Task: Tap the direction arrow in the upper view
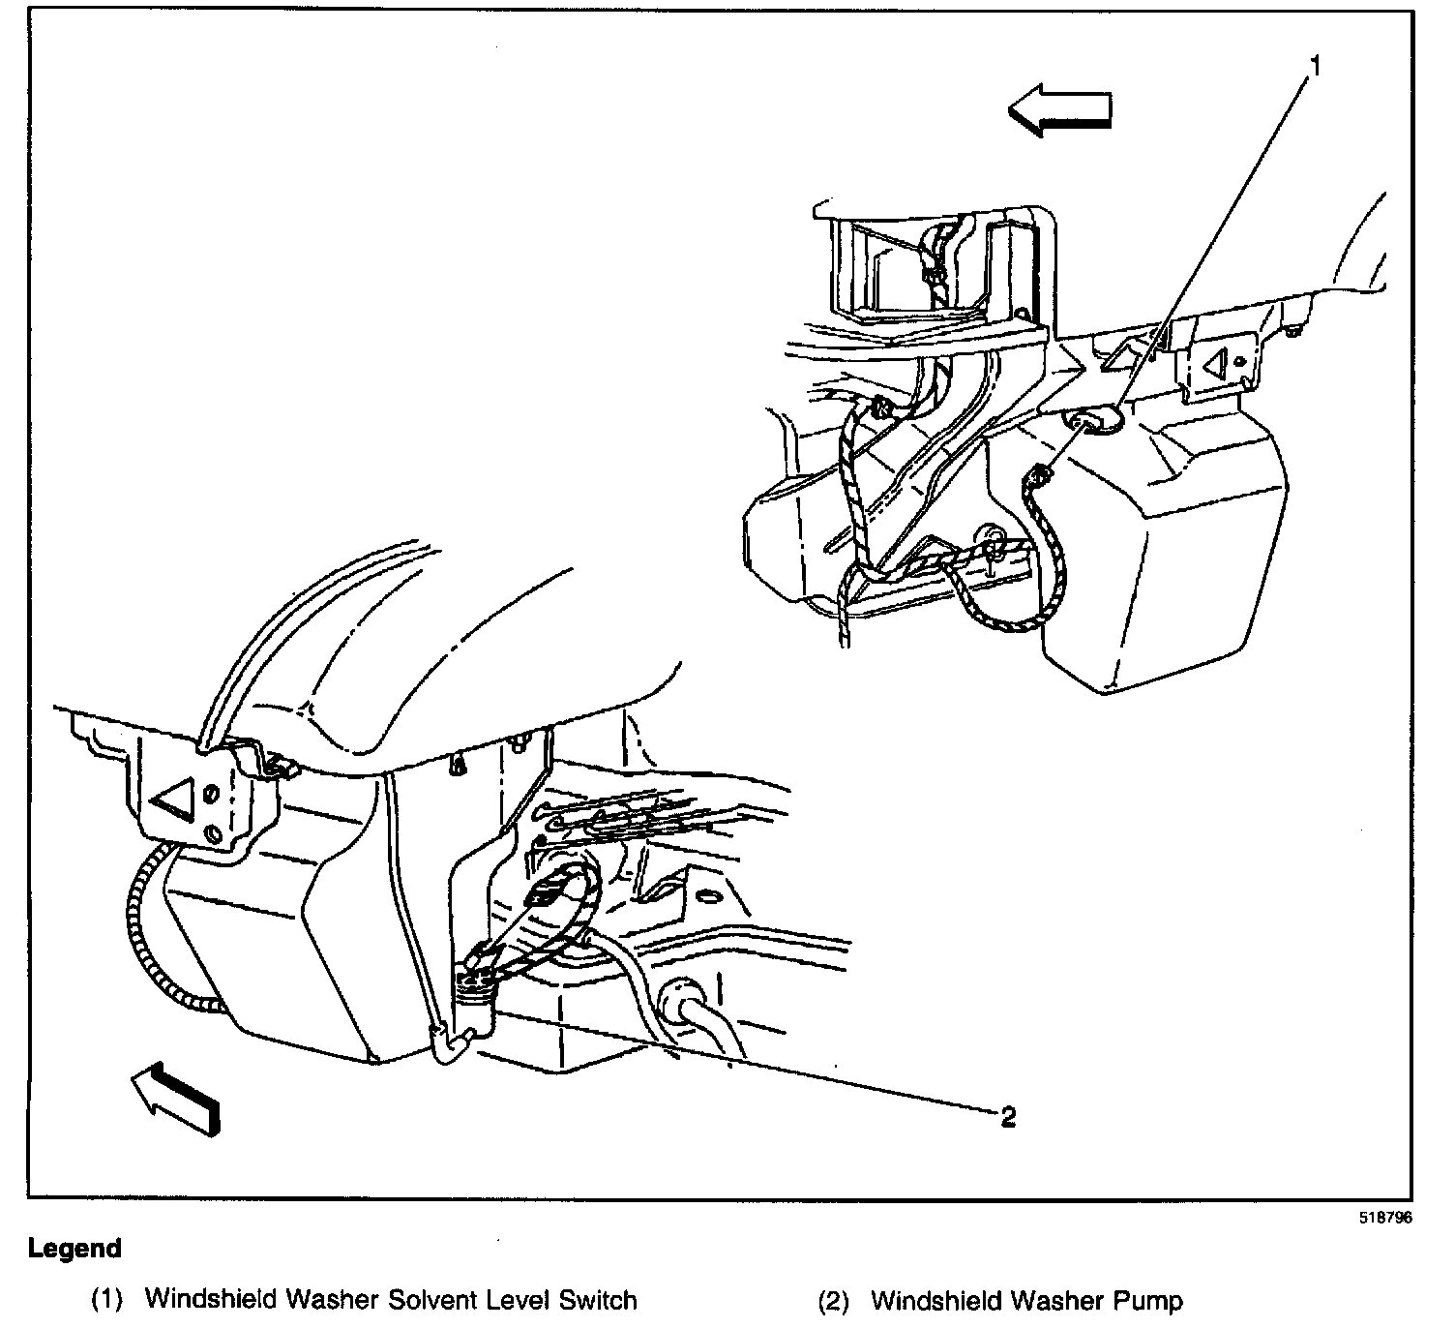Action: pos(1059,109)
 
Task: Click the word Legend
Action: pos(74,1249)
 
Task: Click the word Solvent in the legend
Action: pos(424,1299)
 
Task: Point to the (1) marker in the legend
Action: pos(107,1300)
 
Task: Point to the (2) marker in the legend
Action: pos(834,1300)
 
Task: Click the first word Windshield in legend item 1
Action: pos(204,1299)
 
